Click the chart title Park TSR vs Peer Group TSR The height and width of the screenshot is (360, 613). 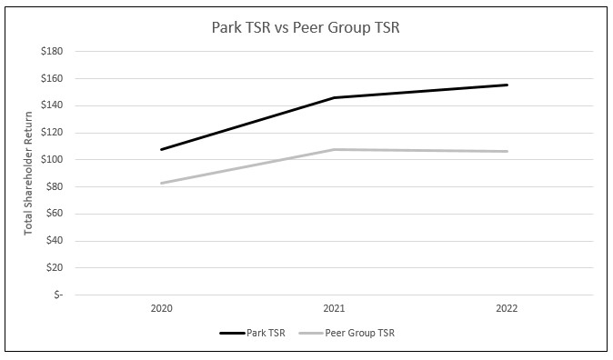pos(306,27)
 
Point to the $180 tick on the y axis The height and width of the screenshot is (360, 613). pos(51,52)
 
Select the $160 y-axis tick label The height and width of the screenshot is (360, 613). pos(51,79)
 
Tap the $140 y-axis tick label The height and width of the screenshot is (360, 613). pos(51,105)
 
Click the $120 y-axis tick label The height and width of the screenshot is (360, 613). pos(51,133)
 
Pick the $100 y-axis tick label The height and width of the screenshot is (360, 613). pos(51,160)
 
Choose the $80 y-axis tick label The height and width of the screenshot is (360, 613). pos(54,187)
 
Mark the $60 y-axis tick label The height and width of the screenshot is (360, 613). pos(54,214)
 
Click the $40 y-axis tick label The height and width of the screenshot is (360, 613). pos(54,241)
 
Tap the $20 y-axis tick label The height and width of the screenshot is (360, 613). pos(54,268)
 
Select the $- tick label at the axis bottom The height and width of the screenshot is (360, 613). pos(57,295)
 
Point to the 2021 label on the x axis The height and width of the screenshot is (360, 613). pos(334,309)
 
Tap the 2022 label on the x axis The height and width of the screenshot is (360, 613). pos(507,309)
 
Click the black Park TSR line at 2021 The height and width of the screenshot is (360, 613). pos(334,97)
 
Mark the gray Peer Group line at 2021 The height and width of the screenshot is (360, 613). pos(334,149)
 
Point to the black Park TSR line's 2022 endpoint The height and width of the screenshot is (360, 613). pos(507,85)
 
